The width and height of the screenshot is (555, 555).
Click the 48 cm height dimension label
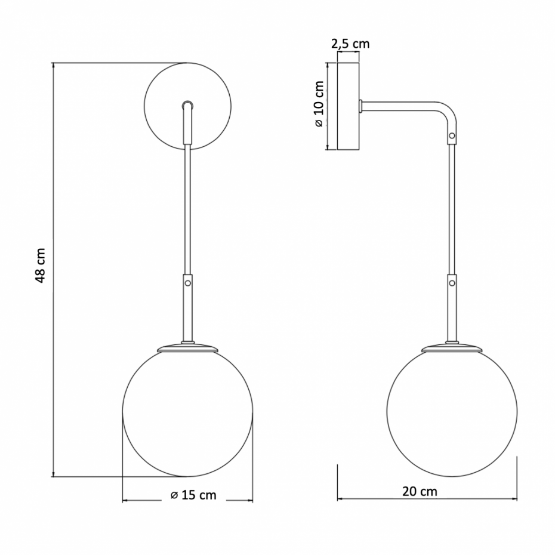(x=41, y=266)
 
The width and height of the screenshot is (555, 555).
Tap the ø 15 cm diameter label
(x=193, y=495)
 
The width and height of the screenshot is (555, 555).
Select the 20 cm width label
(x=420, y=491)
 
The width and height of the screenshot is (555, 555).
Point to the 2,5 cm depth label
(x=350, y=44)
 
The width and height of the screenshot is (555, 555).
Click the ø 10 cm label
(x=319, y=104)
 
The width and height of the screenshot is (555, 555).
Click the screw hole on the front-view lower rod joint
(x=188, y=283)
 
